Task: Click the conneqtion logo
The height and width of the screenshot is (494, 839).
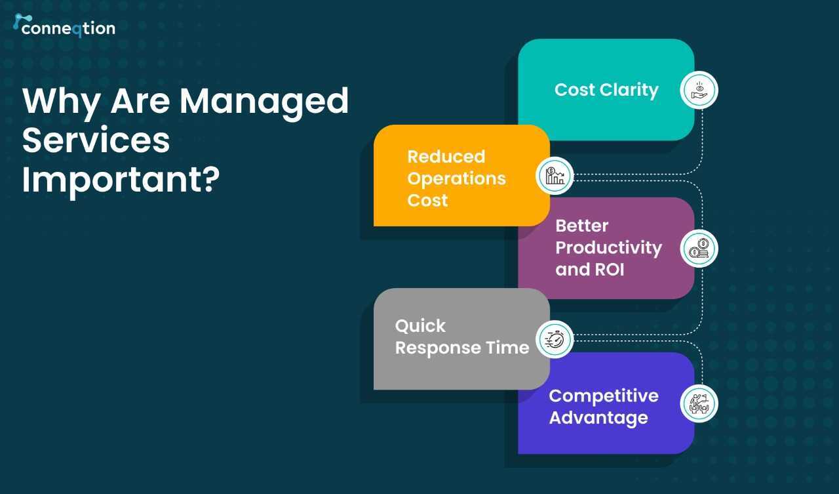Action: click(64, 26)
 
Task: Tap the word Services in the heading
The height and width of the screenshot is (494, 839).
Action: click(96, 140)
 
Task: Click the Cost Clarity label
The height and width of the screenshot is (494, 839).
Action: click(606, 91)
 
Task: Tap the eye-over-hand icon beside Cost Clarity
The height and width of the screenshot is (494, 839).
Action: click(699, 90)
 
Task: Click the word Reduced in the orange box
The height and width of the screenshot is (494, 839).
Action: click(446, 156)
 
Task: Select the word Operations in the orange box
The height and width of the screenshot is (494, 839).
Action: click(457, 179)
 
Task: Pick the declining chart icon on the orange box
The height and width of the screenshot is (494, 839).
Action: click(555, 175)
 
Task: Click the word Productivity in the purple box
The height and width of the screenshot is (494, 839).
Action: click(609, 248)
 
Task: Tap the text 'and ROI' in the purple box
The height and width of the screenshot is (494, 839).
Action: click(590, 270)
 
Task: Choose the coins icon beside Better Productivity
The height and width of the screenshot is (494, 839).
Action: click(699, 249)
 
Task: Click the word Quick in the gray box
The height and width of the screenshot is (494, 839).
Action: click(420, 325)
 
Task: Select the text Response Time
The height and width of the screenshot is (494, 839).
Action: click(462, 348)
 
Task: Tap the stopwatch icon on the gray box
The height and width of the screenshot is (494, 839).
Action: click(555, 340)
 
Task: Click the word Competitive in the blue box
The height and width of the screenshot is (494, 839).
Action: click(604, 396)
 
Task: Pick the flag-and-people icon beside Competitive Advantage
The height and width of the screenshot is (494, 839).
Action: click(699, 403)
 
